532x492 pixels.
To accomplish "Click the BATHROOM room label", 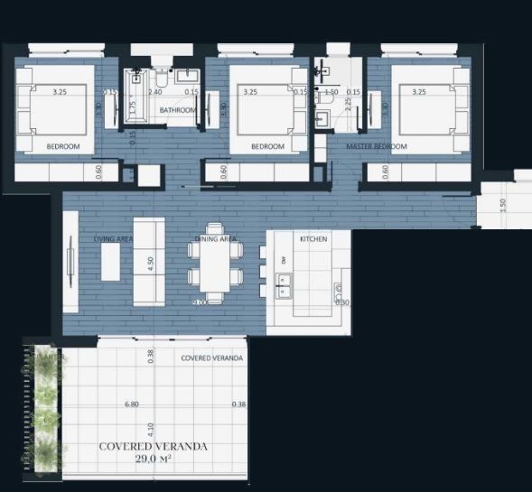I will [x=177, y=110].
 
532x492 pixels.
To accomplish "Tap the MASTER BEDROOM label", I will [x=377, y=146].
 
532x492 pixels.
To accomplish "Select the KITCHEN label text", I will [x=313, y=239].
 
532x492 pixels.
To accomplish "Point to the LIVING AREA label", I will [x=114, y=239].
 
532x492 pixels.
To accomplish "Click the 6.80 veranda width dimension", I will [x=133, y=404].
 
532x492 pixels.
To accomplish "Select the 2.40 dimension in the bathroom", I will [x=154, y=92].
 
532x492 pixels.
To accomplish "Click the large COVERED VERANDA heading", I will [x=153, y=446].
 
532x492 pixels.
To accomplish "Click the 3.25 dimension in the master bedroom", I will [x=418, y=92].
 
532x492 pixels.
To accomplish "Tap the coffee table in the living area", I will [x=110, y=263].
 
